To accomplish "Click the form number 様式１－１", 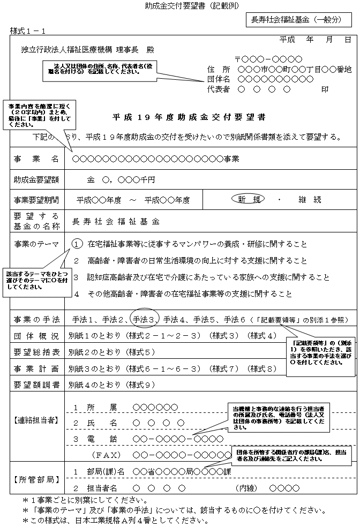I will pos(27,32).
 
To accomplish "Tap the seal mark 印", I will pos(325,89).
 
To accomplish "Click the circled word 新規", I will pos(249,199).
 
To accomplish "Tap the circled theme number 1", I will pos(78,244).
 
